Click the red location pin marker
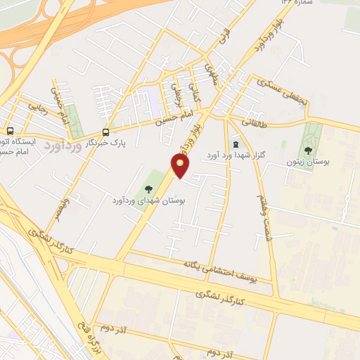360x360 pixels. pos(181,165)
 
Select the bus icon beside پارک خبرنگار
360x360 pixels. pos(106,131)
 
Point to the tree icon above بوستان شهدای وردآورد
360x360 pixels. pos(148,188)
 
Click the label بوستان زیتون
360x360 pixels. pos(309,162)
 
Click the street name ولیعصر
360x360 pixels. pos(64,210)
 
